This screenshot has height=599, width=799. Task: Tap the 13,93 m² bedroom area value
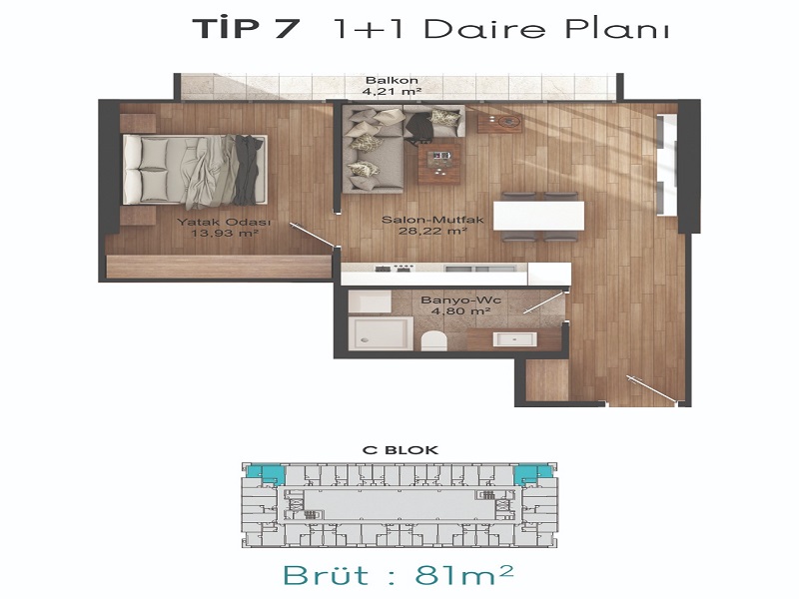click(x=224, y=234)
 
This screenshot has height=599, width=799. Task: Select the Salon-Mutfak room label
click(x=432, y=220)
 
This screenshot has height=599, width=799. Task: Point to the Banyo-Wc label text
click(x=460, y=300)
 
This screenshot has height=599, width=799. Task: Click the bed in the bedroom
click(x=195, y=170)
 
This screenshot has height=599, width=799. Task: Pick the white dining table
click(x=538, y=216)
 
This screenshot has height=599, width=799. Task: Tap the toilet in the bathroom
click(x=434, y=339)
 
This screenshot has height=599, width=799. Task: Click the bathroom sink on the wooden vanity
click(x=514, y=339)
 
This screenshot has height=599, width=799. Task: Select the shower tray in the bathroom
click(x=381, y=333)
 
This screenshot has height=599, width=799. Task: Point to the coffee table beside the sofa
click(x=438, y=163)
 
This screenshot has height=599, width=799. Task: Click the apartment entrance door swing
click(x=654, y=389)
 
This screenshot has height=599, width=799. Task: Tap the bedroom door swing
click(x=314, y=236)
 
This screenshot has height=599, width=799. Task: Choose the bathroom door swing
click(x=545, y=302)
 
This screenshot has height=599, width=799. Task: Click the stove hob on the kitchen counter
click(x=394, y=269)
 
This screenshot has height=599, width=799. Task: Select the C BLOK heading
click(x=399, y=450)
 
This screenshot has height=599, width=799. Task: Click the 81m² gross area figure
click(x=463, y=575)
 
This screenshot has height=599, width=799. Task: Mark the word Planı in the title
click(x=616, y=28)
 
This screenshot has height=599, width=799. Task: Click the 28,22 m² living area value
click(x=432, y=232)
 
